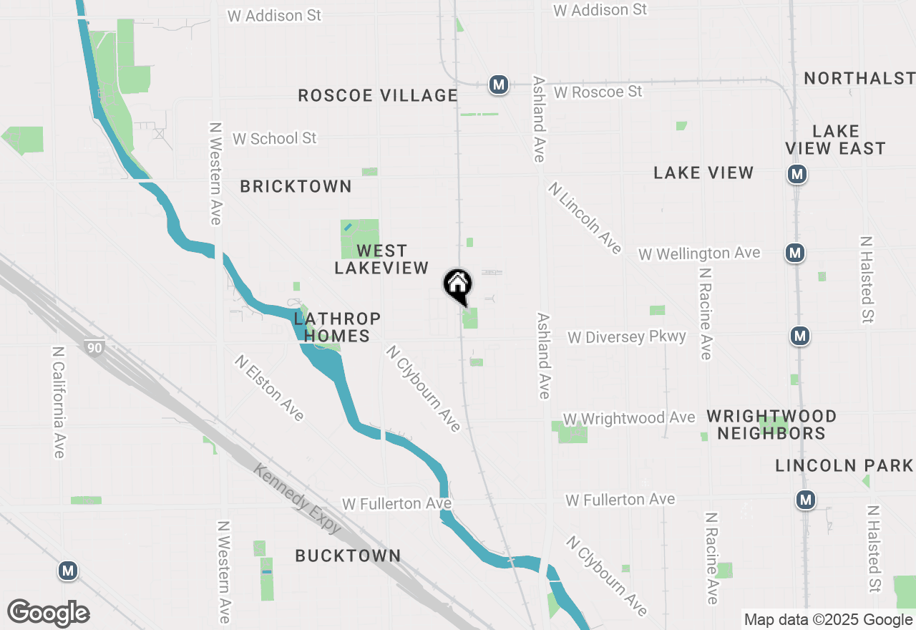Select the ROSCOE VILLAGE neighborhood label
[377, 95]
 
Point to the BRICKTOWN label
[296, 187]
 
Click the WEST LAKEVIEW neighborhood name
[381, 259]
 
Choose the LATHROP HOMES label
[336, 327]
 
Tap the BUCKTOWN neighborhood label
[348, 556]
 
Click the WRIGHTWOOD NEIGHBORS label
[771, 425]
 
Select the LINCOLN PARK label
[844, 466]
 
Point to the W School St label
[275, 138]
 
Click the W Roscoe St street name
[598, 92]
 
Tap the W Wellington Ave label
[699, 253]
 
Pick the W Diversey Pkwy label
[626, 336]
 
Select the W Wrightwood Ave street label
[628, 417]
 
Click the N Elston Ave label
[269, 387]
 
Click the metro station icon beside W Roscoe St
[499, 84]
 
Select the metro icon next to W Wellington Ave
[794, 252]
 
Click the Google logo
[48, 613]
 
